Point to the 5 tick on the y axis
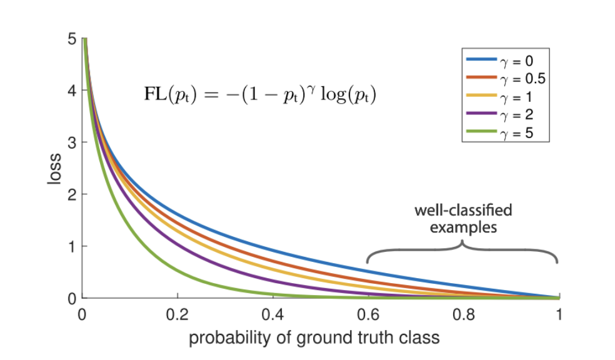point(72,39)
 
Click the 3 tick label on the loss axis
point(72,142)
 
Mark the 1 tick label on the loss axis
point(72,246)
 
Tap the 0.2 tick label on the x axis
point(177,314)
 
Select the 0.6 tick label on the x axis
point(368,314)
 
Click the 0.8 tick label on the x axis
point(464,314)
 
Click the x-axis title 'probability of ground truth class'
point(314,338)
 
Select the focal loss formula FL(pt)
point(260,97)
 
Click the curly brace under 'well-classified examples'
point(462,250)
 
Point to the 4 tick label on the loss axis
point(72,91)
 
